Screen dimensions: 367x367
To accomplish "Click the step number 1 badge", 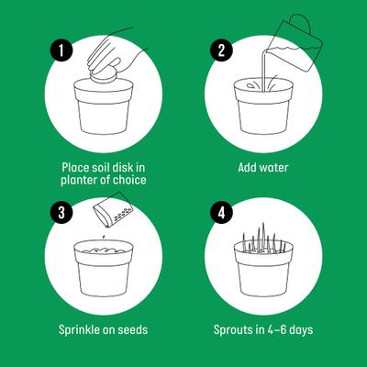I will pos(61,51).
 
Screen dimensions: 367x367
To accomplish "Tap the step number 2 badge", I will pos(220,51).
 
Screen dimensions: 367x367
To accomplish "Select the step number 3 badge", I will pos(61,213).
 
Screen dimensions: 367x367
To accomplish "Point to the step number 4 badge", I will pos(220,213).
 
